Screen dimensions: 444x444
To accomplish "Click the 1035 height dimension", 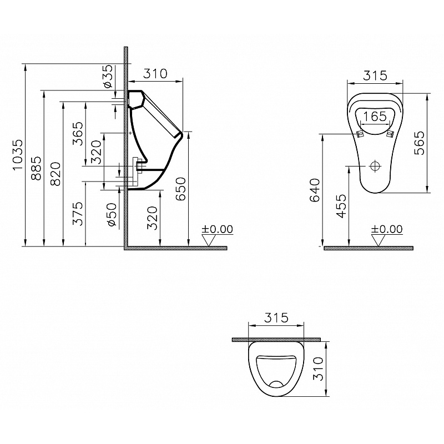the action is (x=18, y=154).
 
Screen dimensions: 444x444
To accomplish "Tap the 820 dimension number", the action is (x=55, y=173).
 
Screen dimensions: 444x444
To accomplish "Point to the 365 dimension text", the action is (x=78, y=134).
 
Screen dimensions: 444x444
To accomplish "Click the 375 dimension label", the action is (x=78, y=214).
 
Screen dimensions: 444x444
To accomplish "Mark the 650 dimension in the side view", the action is (x=181, y=189).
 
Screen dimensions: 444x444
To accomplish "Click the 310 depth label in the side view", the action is (x=155, y=73).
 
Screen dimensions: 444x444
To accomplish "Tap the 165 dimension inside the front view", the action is (x=375, y=116).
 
